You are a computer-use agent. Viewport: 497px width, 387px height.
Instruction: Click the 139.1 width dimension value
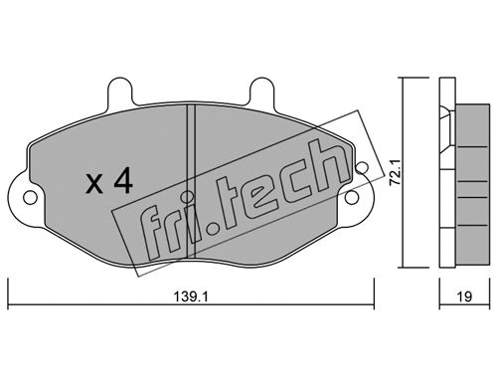click(191, 296)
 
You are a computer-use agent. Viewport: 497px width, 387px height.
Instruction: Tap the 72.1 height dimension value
click(396, 172)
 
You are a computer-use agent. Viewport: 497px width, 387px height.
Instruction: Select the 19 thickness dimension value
click(465, 296)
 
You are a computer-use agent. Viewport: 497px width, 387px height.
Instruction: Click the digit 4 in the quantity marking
click(123, 181)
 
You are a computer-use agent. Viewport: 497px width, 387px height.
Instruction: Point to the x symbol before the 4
click(94, 185)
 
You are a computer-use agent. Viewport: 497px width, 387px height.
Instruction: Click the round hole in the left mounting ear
click(30, 198)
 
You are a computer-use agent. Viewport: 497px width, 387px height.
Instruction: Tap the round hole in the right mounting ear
click(352, 198)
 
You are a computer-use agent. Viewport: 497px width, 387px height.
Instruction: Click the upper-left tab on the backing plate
click(120, 92)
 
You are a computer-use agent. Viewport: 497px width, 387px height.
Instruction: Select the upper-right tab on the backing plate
click(261, 91)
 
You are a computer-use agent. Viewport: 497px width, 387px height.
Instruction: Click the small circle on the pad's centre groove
click(188, 197)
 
